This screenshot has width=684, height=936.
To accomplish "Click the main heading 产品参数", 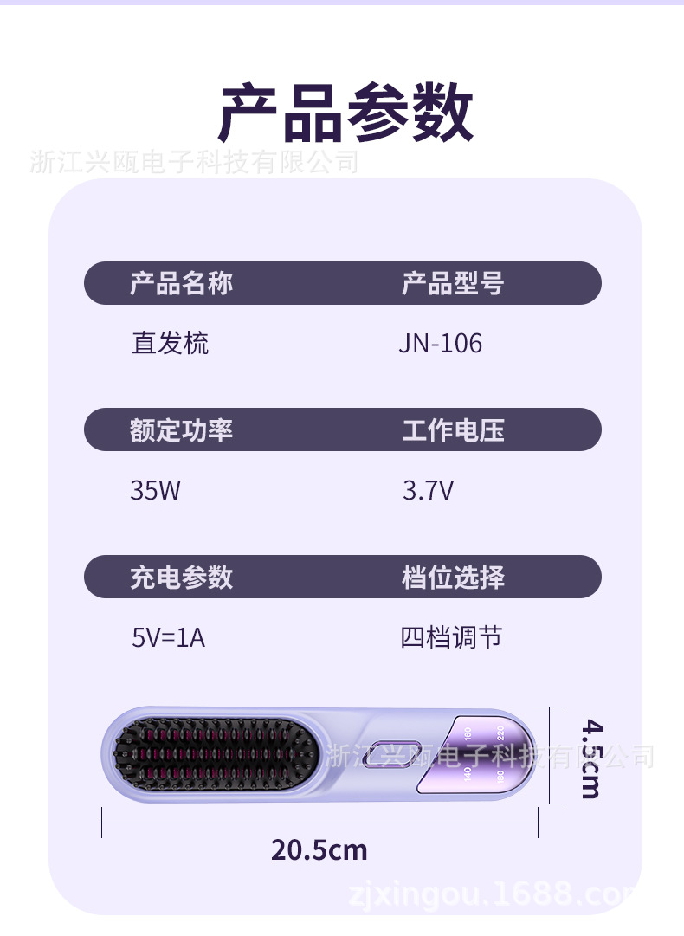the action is (345, 114).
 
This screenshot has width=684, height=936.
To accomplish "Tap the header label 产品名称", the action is (181, 283).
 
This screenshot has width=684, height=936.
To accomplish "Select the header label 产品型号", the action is (452, 283).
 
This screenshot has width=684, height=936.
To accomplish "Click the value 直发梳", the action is (170, 344).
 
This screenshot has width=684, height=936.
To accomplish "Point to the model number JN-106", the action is (440, 344).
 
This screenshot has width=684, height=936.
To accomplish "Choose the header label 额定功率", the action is (181, 430).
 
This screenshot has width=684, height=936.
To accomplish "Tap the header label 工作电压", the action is (452, 430).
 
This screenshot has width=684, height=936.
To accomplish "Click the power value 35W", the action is (155, 491).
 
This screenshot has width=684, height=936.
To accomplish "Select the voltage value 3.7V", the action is (428, 491).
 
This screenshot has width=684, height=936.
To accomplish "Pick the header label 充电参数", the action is (181, 578).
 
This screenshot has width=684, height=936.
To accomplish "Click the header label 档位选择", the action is (452, 578).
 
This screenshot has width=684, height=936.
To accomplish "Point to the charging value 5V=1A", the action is (168, 638).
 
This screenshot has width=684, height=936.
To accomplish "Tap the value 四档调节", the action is (451, 638).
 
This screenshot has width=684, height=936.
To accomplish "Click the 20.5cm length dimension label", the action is (319, 850).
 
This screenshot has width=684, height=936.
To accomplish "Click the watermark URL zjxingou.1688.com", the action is (494, 892).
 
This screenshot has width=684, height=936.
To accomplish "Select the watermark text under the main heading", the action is (194, 161).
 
